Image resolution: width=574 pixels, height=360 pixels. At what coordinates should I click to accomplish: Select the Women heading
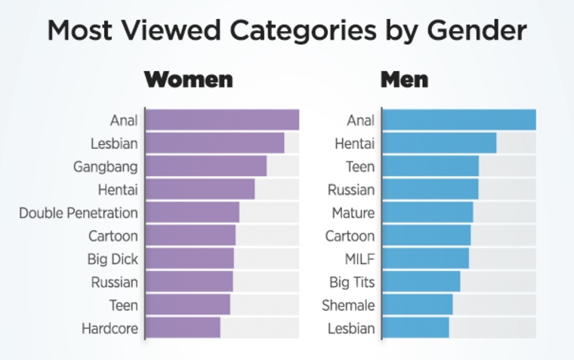tap(188, 79)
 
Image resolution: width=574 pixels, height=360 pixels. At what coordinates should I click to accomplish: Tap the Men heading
tap(404, 79)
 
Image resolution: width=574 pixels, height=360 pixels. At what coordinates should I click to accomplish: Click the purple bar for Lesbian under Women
tap(214, 143)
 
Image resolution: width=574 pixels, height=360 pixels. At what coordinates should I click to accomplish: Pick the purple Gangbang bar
tap(205, 166)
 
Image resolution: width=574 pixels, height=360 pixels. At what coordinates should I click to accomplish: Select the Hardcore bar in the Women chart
tap(183, 328)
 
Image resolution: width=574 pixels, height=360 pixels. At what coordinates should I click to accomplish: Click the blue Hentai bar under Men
tap(440, 143)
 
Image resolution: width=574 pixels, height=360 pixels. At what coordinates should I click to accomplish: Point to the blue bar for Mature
tap(427, 212)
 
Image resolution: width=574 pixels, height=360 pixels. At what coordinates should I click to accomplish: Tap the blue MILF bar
tap(425, 259)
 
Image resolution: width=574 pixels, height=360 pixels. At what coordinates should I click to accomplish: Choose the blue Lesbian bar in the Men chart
tap(415, 328)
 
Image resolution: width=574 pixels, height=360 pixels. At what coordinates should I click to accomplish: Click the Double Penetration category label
tap(79, 213)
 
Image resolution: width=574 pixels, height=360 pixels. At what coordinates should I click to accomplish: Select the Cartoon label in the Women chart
tap(113, 236)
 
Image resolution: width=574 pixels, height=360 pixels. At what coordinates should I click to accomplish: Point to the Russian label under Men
tap(351, 189)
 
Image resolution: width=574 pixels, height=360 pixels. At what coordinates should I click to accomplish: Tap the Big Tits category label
tap(350, 282)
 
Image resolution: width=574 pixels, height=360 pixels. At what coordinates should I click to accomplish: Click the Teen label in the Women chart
tap(123, 306)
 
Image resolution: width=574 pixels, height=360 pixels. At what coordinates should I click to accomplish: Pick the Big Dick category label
tap(113, 260)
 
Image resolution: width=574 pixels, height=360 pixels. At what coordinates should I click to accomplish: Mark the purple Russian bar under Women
tap(189, 282)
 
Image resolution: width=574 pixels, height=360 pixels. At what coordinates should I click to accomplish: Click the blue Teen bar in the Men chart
tap(430, 166)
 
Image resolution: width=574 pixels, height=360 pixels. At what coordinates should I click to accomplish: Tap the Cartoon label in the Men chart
tap(350, 236)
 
